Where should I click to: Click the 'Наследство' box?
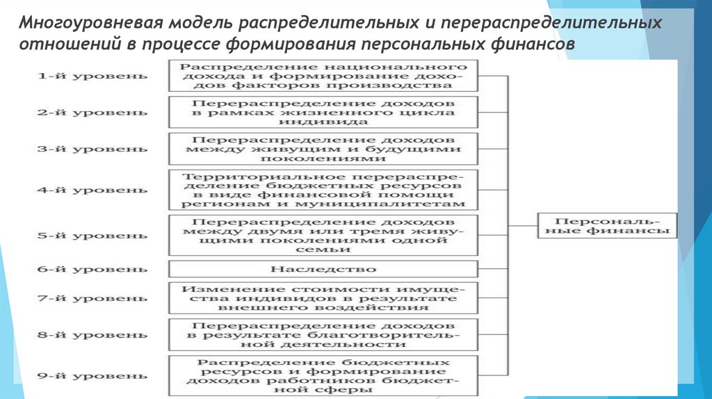tap(323, 268)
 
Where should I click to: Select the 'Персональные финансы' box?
tap(607, 225)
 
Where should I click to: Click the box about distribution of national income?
tap(323, 75)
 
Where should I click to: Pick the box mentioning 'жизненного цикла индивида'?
tap(323, 112)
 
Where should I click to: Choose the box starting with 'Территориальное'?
tap(323, 189)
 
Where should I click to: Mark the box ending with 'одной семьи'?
tap(323, 235)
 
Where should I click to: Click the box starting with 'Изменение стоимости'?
tap(323, 298)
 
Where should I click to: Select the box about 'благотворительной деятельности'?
tap(323, 334)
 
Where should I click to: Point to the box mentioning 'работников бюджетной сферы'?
tap(323, 376)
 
